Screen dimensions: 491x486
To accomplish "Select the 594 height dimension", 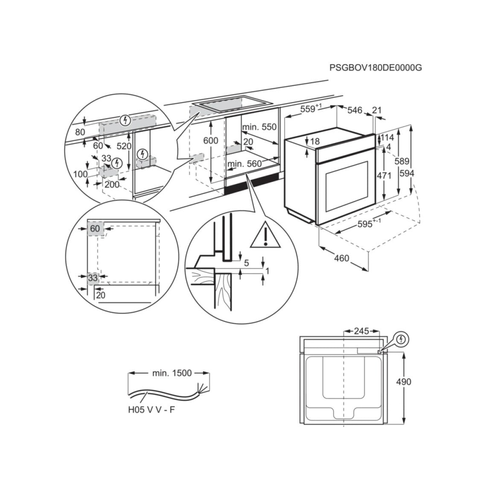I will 407,173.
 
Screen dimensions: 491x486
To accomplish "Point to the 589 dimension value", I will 402,161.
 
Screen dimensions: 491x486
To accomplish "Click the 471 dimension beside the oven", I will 384,175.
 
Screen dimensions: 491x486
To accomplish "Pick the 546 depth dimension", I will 354,111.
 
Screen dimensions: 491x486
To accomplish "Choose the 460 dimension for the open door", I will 341,258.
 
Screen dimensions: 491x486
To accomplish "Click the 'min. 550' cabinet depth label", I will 259,127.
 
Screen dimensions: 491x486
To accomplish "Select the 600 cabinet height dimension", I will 210,140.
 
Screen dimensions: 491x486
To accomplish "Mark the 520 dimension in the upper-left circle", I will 124,146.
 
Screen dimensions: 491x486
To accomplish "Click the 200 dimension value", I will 112,184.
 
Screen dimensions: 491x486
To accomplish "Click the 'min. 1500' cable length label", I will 172,373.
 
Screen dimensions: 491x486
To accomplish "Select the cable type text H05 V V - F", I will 151,410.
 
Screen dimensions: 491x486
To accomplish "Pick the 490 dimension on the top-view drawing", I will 404,381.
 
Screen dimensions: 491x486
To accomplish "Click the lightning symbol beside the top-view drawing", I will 401,339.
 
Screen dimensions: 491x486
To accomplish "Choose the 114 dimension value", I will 387,138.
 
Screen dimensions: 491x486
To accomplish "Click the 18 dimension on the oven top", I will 315,142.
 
